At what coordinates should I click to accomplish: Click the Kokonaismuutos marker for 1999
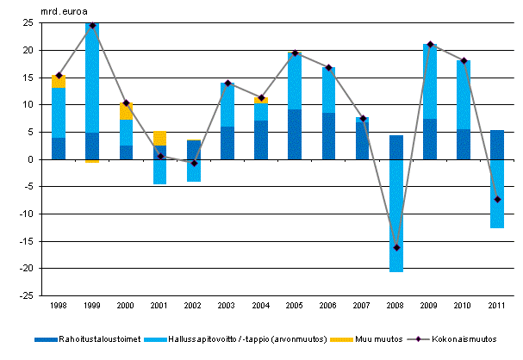point(92,26)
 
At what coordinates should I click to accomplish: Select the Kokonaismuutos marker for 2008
point(396,247)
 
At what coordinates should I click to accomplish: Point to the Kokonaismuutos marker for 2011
point(497,199)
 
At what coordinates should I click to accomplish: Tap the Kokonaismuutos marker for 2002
point(194,163)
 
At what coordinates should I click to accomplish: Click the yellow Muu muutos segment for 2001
point(160,138)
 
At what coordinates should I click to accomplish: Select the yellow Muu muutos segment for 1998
point(59,82)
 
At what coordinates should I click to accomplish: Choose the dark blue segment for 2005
point(295,134)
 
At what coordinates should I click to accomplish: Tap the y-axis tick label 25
point(28,23)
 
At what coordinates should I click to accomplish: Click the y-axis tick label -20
point(26,268)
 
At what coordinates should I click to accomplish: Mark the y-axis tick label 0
point(30,159)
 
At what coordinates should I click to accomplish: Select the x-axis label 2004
point(261,307)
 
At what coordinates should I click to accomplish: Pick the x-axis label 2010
point(464,307)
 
